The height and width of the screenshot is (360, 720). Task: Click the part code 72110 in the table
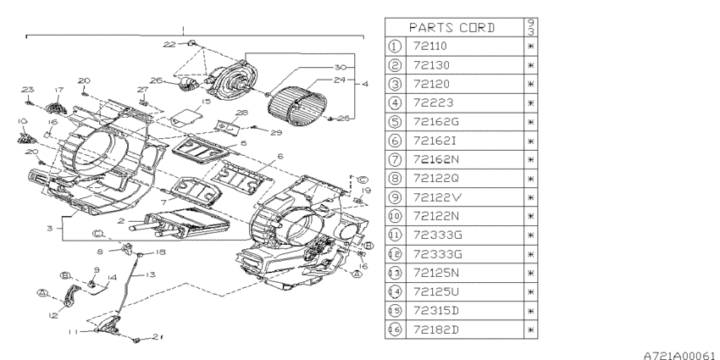(x=429, y=46)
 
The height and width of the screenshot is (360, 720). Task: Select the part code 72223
(x=433, y=102)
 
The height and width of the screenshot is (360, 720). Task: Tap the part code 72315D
(x=435, y=310)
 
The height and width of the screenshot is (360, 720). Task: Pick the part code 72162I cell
(x=435, y=141)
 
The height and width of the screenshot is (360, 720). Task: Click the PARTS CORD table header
(x=451, y=28)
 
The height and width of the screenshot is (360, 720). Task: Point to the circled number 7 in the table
(x=395, y=160)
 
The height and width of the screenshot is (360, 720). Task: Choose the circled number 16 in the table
(x=395, y=330)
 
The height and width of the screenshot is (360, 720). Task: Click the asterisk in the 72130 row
(x=531, y=65)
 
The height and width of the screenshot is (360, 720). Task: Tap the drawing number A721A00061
(x=678, y=355)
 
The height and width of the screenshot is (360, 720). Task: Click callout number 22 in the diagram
(x=169, y=44)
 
